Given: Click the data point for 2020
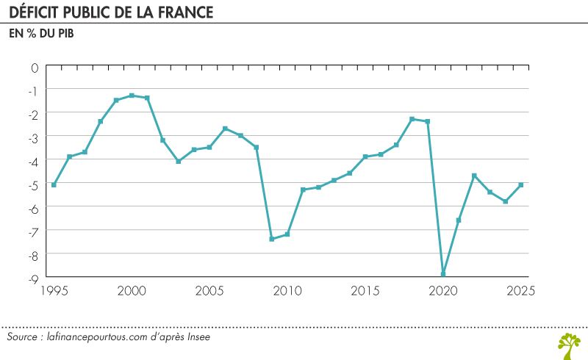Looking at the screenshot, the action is point(443,274).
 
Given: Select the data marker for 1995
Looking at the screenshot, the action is point(54,185).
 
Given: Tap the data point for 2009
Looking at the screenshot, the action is point(272,239).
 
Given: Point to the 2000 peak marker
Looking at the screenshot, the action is point(132,96).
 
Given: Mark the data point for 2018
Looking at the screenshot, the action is point(412,119).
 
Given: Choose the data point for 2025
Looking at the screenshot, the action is point(521,185).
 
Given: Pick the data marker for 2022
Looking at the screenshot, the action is point(474,176).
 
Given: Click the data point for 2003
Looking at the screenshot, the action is point(179,161).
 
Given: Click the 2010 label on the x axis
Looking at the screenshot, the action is point(287,291).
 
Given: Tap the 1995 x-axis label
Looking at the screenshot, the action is point(54,291).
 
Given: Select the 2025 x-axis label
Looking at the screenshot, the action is point(520,291).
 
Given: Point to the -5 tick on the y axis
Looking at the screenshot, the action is point(34,186).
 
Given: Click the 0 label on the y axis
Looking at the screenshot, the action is point(35,68).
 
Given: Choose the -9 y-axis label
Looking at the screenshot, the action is point(34,279).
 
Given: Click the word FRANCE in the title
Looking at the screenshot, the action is point(186,12).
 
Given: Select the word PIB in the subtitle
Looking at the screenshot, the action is point(66,33).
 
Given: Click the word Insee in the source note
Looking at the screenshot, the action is point(198,336).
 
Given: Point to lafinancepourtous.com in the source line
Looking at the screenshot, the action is point(97,337).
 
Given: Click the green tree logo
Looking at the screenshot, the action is point(569,346).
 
